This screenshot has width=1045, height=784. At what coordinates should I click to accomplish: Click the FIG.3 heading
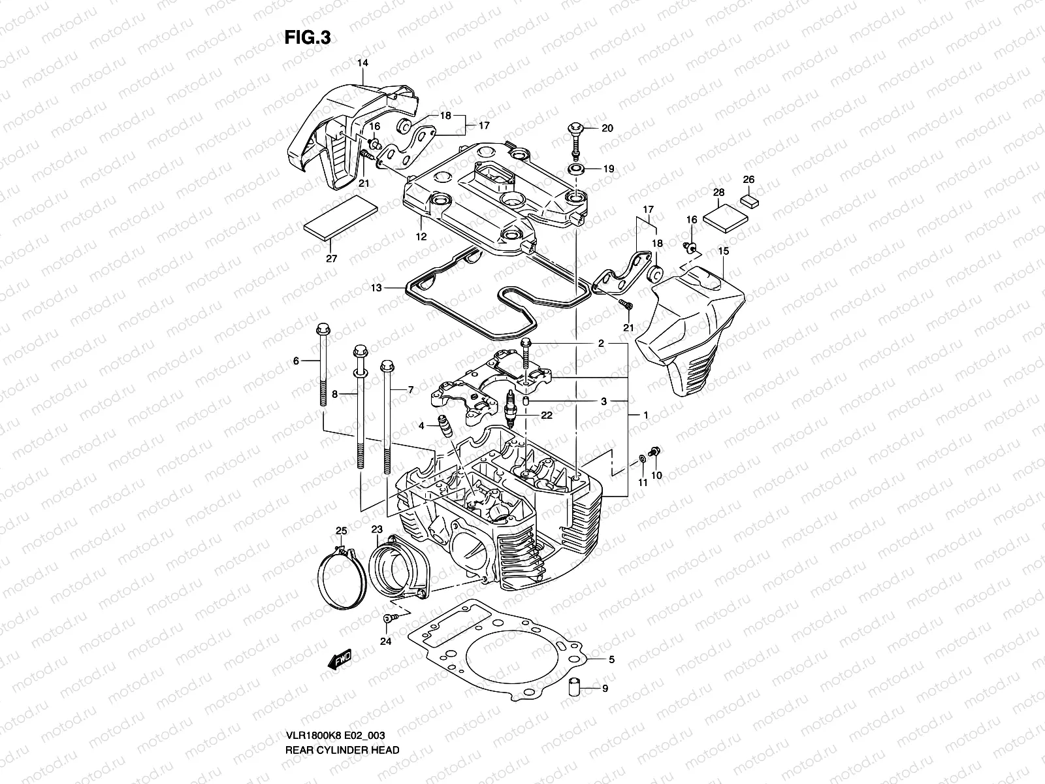tap(308, 39)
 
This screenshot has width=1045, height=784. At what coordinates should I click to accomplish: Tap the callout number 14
tap(362, 63)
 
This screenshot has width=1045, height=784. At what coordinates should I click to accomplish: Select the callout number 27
tap(332, 259)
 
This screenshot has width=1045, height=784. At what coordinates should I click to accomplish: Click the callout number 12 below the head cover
tap(421, 237)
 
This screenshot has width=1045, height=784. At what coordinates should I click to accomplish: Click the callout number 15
tap(723, 251)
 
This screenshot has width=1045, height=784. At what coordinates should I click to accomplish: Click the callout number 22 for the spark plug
tap(546, 415)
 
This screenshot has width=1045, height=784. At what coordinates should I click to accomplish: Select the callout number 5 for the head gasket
tap(611, 660)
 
